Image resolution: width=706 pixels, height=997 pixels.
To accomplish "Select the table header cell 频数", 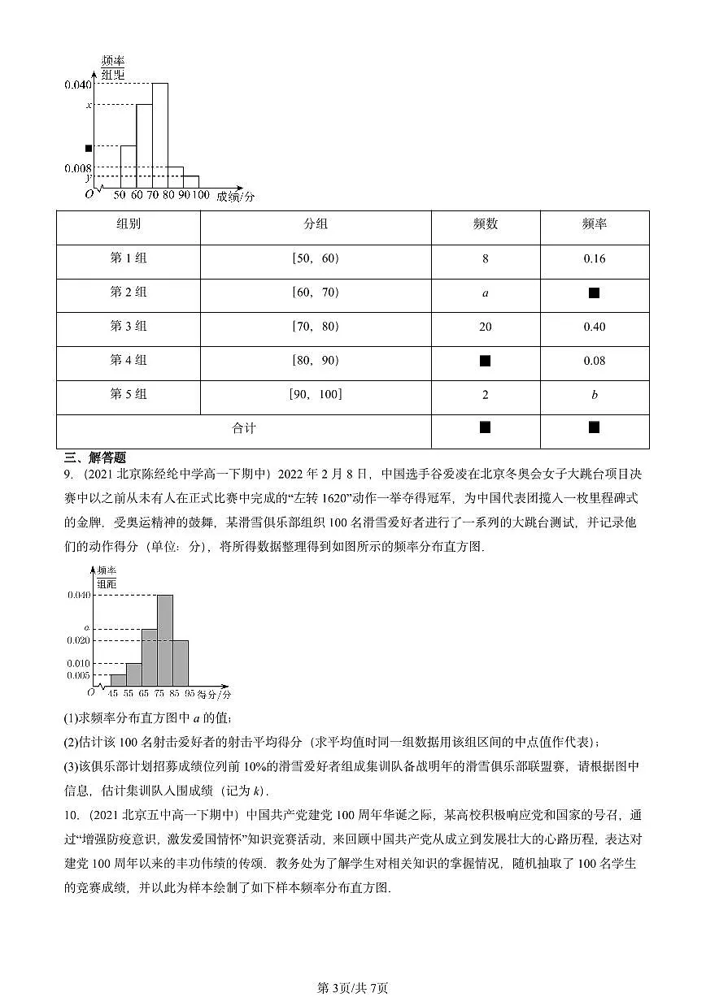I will (x=486, y=225).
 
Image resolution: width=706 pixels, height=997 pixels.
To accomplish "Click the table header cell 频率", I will (x=595, y=225).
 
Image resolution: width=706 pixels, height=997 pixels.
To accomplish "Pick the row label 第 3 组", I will (x=128, y=327).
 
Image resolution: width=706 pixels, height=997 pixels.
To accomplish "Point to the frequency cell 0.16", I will (x=595, y=259).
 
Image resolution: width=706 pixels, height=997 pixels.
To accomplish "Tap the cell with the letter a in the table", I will (x=486, y=293).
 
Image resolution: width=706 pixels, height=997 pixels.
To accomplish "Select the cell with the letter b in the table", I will (x=595, y=396).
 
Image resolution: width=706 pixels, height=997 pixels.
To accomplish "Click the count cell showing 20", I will (x=486, y=327).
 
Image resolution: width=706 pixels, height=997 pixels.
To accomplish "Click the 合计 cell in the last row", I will (x=243, y=428).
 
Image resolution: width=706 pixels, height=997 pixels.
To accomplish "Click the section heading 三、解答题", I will (x=95, y=458).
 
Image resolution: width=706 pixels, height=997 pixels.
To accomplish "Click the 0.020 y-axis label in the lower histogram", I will (x=78, y=640).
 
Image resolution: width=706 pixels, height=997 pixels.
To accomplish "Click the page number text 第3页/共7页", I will (x=352, y=987).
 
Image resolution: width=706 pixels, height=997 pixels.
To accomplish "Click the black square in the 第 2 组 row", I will (x=595, y=293).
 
